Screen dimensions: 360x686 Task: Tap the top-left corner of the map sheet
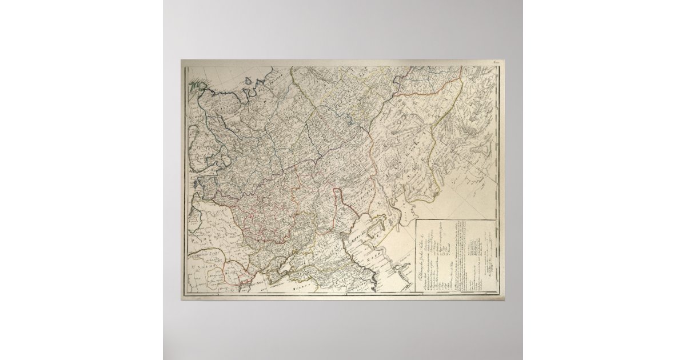pyautogui.click(x=182, y=60)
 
